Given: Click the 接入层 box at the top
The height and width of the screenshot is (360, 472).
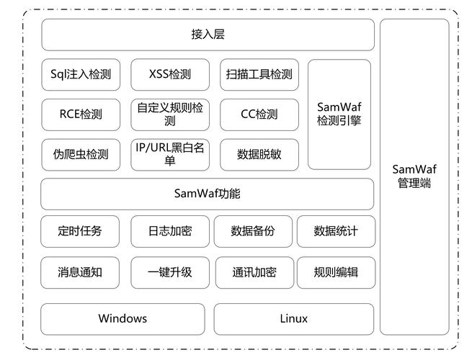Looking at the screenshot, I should coord(208,35).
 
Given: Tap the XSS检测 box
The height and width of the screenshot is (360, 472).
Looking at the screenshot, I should coord(169,74).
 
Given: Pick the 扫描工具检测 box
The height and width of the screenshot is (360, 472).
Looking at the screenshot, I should coord(259,74).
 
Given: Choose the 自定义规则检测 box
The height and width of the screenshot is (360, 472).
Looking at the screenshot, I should coord(169,114).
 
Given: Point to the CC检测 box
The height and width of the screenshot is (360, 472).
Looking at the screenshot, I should coord(259,114).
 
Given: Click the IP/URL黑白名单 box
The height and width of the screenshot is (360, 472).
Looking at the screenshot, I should coord(169,154).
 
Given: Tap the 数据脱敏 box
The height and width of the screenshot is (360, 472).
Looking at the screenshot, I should coord(259,154).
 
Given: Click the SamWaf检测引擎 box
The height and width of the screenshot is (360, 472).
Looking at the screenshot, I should coord(339,114).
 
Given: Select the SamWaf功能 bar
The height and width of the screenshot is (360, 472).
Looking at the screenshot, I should coord(208,194).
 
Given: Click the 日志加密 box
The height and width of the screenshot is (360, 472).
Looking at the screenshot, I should coord(169,231).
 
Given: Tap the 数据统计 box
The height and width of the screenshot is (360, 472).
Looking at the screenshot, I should coord(335,231).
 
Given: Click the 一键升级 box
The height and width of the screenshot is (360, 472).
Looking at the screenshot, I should coord(169,272).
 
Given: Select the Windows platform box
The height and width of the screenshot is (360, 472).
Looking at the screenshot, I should coord(123,318).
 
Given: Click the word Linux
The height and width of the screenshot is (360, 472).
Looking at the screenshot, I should coord(293,318).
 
